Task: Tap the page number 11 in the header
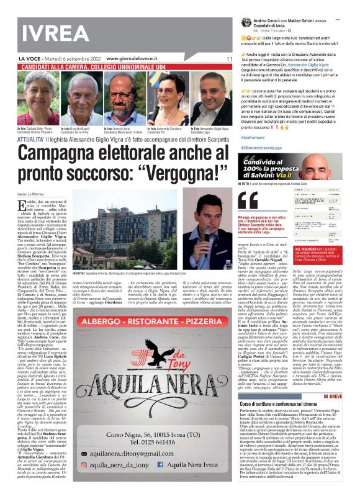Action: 229,58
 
